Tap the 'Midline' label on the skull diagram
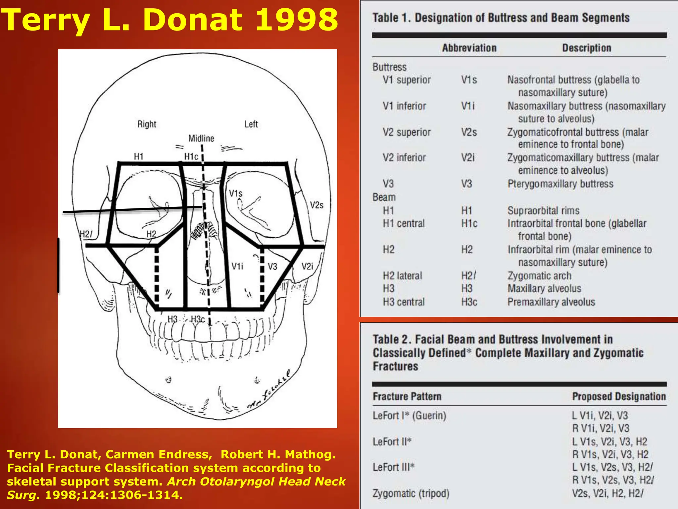coord(201,138)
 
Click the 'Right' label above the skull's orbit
coord(147,124)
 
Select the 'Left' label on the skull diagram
coord(251,124)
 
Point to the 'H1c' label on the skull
coord(191,156)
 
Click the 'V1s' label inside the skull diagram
coord(236,193)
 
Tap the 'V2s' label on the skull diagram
coord(316,205)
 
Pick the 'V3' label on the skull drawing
coord(272,266)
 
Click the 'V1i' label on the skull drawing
coord(237,266)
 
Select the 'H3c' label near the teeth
coord(198,319)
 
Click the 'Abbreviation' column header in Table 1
coord(469,48)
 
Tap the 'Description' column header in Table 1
coord(586,48)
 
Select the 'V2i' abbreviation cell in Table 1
coord(468,158)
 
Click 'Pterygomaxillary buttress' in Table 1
coord(560,184)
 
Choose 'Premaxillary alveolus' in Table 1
coord(551,302)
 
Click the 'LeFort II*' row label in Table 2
coord(392,442)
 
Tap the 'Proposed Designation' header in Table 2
coord(619,396)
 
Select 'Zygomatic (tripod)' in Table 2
coord(411,493)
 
